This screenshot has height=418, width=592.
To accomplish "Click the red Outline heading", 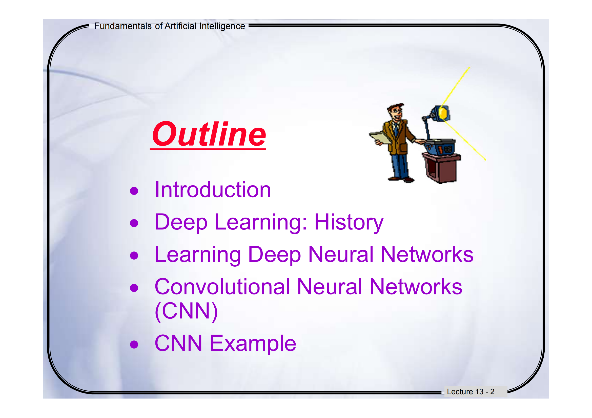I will click(x=209, y=135).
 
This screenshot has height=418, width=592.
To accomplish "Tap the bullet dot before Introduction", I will click(x=134, y=191).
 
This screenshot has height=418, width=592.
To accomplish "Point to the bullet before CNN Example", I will click(x=134, y=344).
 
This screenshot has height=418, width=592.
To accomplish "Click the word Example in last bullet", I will click(x=253, y=343).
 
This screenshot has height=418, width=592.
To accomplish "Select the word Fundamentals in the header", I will click(x=123, y=26).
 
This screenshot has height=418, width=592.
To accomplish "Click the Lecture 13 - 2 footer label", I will click(x=471, y=391).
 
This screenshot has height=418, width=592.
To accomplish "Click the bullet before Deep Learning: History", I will click(x=134, y=223).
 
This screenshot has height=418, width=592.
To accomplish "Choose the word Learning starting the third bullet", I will click(x=198, y=254).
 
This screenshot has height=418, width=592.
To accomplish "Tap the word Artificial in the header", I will click(x=180, y=26).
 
